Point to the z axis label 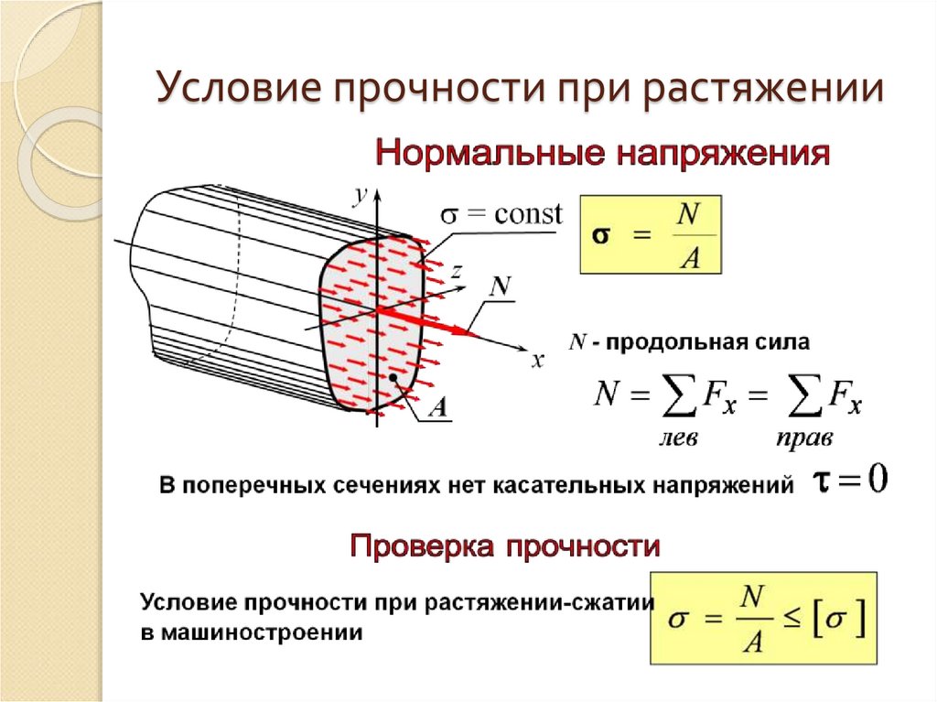455,271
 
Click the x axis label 537,361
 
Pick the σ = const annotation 501,215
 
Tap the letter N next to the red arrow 500,286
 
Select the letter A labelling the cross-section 437,408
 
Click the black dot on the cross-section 392,377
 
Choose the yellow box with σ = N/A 651,234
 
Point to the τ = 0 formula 850,481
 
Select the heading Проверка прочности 505,547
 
